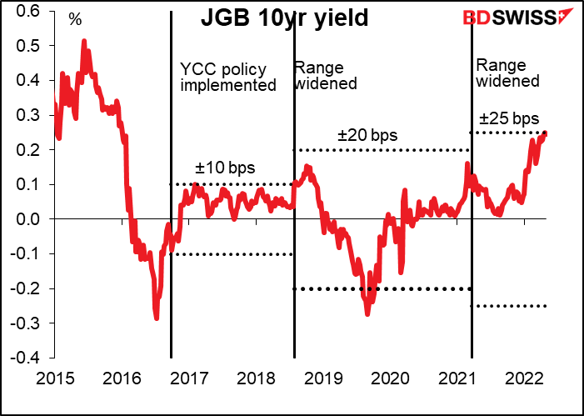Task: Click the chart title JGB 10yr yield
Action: pyautogui.click(x=284, y=18)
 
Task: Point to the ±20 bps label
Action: pyautogui.click(x=367, y=134)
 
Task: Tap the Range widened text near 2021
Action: pyautogui.click(x=507, y=73)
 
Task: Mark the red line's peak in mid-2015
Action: pyautogui.click(x=84, y=41)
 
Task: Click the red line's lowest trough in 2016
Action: pyautogui.click(x=157, y=318)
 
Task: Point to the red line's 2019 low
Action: pyautogui.click(x=367, y=313)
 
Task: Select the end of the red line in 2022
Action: pyautogui.click(x=546, y=133)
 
